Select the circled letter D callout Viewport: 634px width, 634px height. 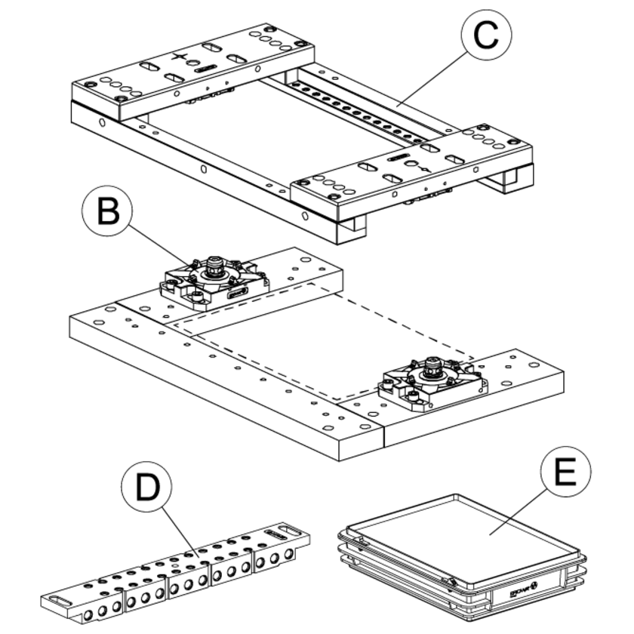pyautogui.click(x=143, y=490)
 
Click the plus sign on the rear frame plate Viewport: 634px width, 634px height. pyautogui.click(x=178, y=57)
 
